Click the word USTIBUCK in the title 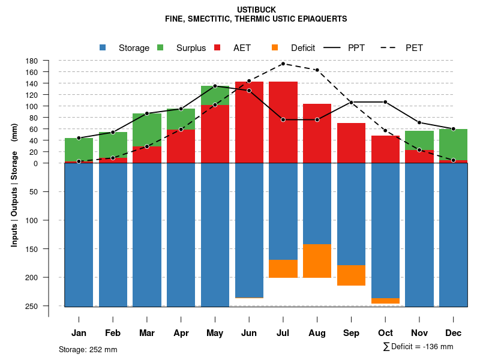pos(256,10)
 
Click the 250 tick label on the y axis pos(32,306)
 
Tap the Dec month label pos(454,333)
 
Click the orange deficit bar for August pos(317,261)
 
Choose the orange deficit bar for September pos(351,275)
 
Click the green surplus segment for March pos(146,130)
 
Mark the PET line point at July pos(283,64)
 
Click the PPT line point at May pos(215,86)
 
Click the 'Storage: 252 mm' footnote pos(88,349)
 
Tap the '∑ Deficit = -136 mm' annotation pos(418,347)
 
